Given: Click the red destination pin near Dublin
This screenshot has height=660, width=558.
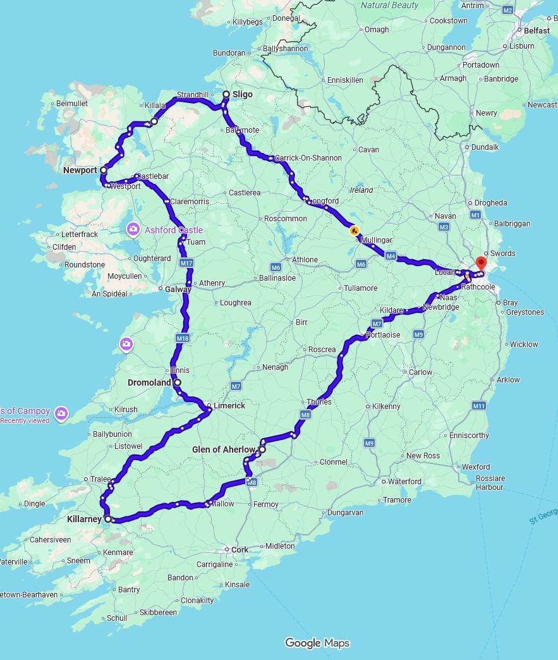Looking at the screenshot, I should pyautogui.click(x=481, y=264).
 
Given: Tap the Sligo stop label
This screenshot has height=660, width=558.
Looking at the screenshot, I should pyautogui.click(x=242, y=94).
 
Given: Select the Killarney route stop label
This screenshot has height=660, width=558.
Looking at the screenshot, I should pyautogui.click(x=84, y=519).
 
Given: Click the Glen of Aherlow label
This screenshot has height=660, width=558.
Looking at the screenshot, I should pyautogui.click(x=223, y=449).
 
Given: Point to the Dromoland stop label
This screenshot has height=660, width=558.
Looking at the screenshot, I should pyautogui.click(x=149, y=382).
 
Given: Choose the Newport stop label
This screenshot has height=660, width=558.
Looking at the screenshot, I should pyautogui.click(x=80, y=170).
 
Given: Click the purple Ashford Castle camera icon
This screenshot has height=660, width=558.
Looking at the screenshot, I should pyautogui.click(x=133, y=229).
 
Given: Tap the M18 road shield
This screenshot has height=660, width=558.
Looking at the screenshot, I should pyautogui.click(x=183, y=338).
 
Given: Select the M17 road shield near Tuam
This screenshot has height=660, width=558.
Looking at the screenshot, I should pyautogui.click(x=186, y=263).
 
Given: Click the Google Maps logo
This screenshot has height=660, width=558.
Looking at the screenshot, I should pyautogui.click(x=317, y=643).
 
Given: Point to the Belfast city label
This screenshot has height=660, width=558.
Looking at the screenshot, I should pyautogui.click(x=537, y=30).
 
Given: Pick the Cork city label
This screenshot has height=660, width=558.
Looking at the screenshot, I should pyautogui.click(x=240, y=549).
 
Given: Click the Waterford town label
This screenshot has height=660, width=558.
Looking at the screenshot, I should pyautogui.click(x=404, y=481).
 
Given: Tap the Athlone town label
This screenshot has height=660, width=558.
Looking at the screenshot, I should pyautogui.click(x=305, y=259).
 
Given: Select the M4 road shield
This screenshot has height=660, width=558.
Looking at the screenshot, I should pyautogui.click(x=391, y=256).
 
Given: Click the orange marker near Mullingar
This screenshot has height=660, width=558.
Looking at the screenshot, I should pyautogui.click(x=355, y=231).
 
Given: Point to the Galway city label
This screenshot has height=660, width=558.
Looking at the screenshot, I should pyautogui.click(x=178, y=289).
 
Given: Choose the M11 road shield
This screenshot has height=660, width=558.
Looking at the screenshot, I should pyautogui.click(x=478, y=405).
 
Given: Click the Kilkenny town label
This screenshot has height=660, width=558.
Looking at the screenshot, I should pyautogui.click(x=386, y=406).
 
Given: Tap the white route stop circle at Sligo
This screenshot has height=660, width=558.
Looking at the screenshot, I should pyautogui.click(x=226, y=94).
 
